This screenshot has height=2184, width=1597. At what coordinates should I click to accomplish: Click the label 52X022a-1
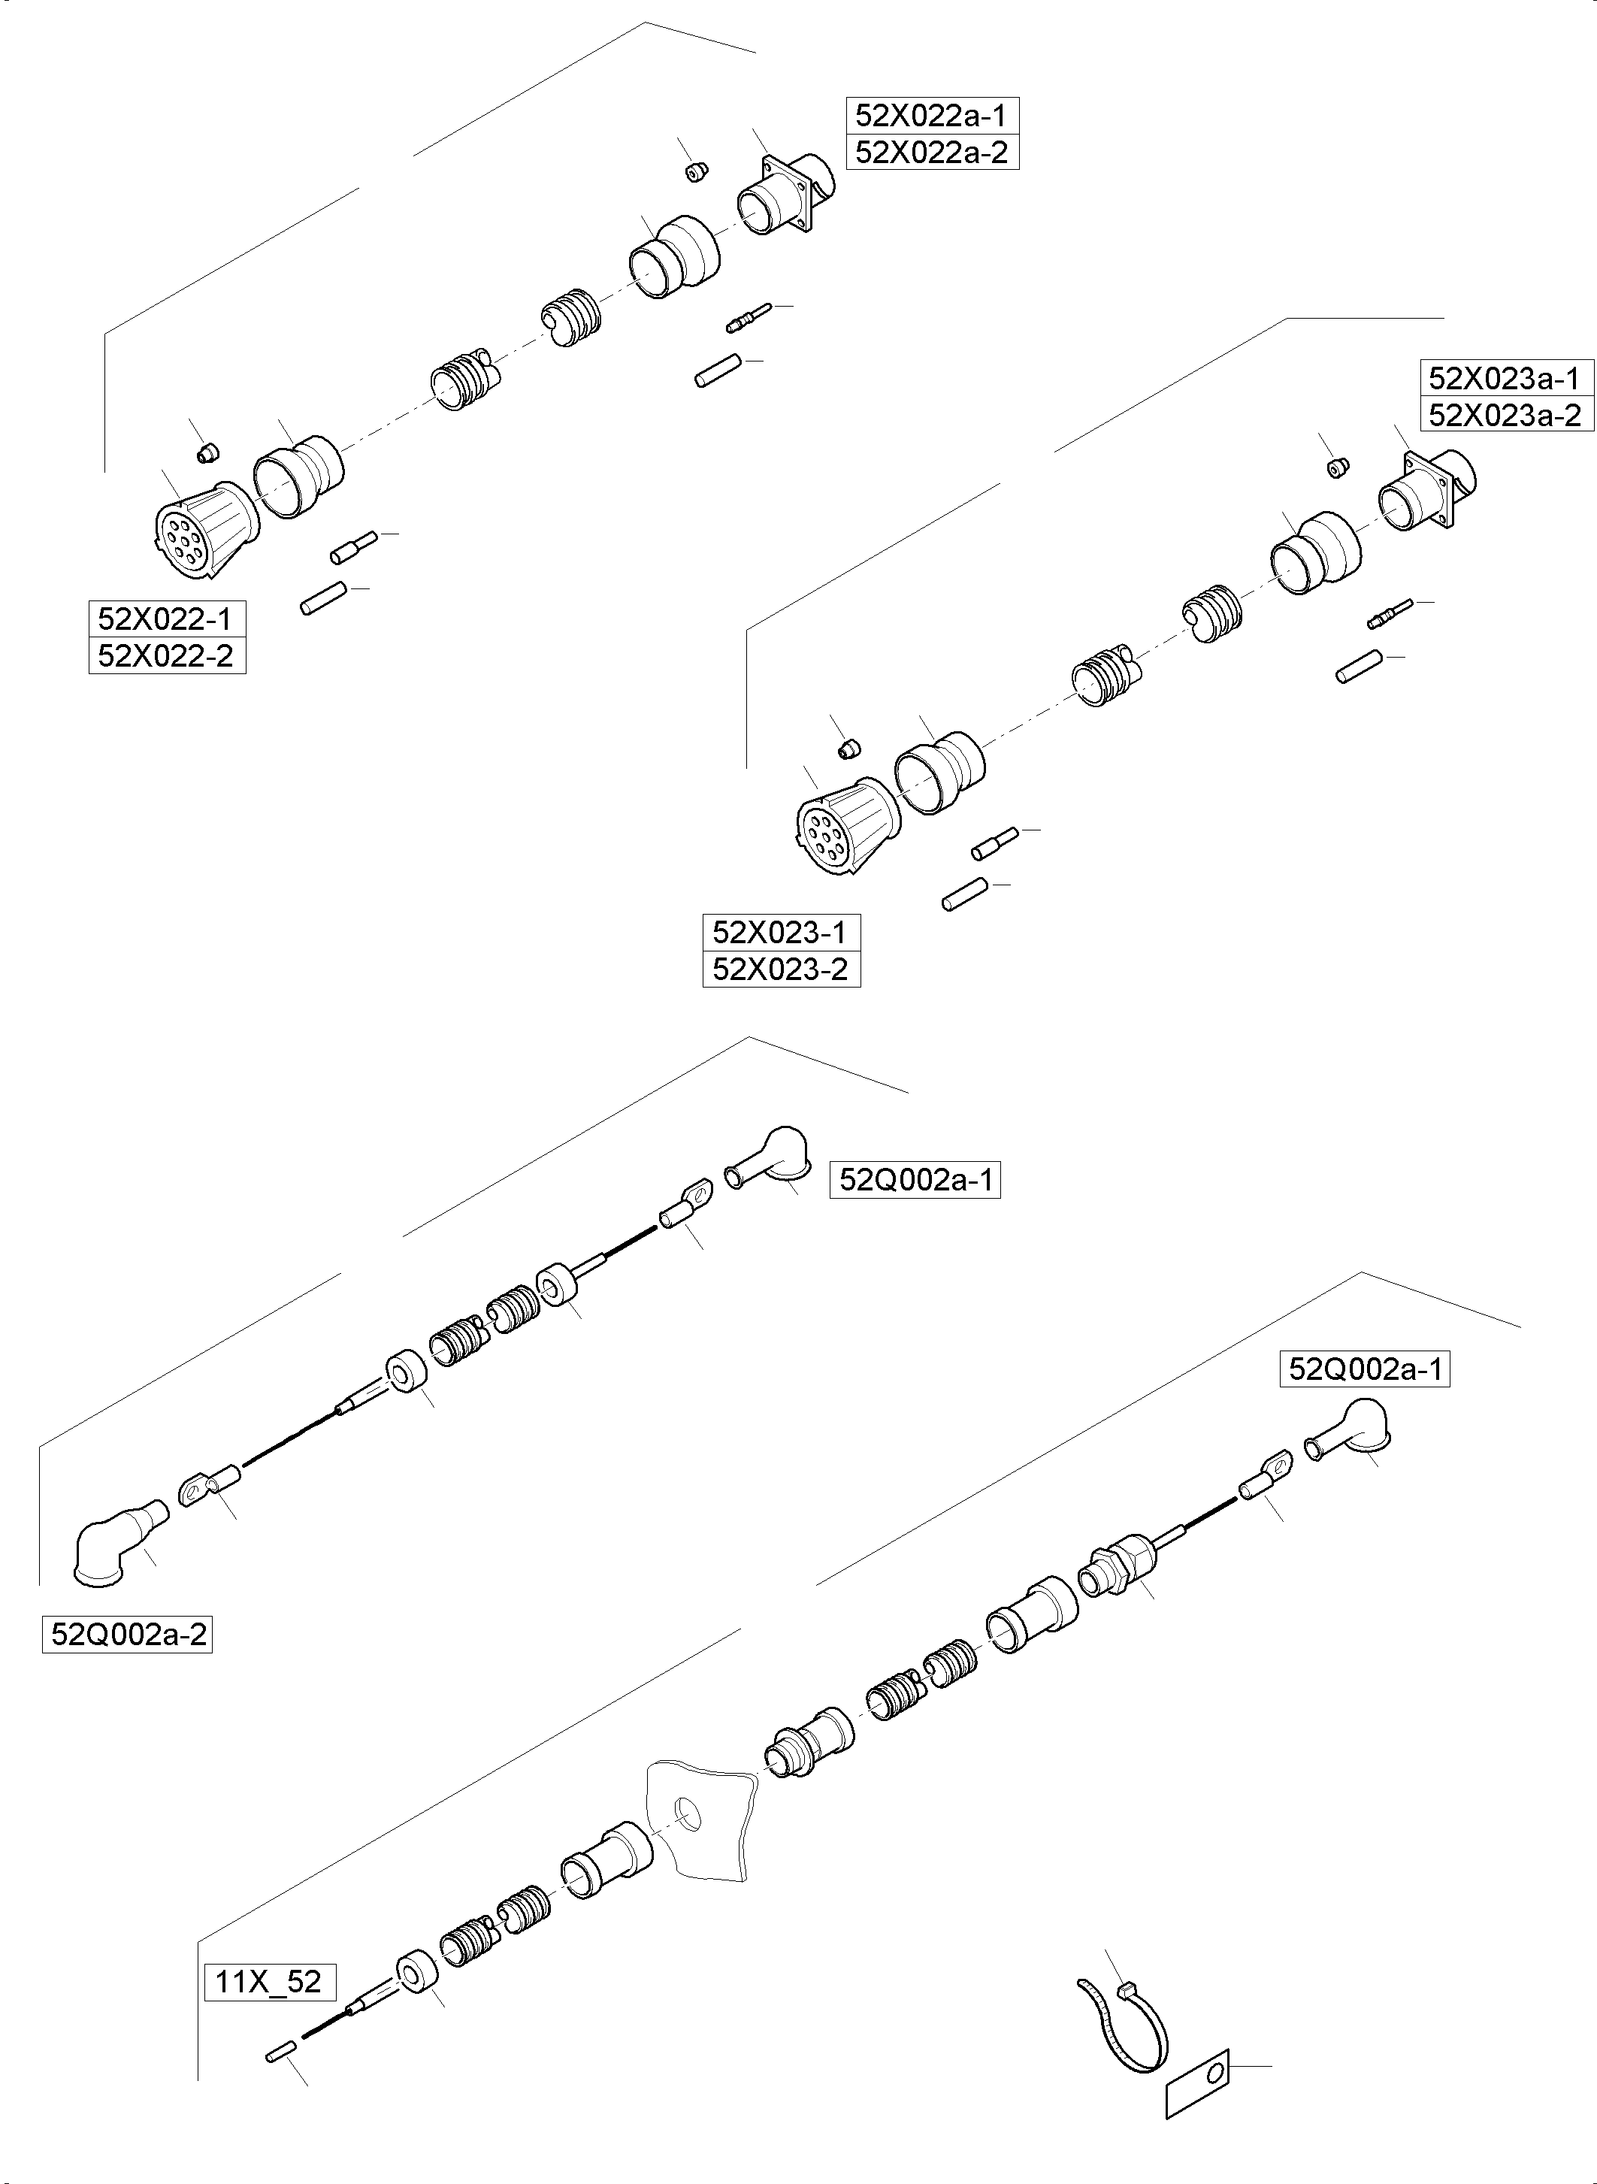pos(931,116)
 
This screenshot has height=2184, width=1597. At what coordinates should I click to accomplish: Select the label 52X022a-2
pos(931,153)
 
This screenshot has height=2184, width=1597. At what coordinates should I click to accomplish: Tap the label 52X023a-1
pos(1505,377)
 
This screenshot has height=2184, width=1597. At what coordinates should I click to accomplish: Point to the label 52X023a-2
pos(1505,415)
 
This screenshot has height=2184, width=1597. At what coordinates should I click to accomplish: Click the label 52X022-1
pos(165,619)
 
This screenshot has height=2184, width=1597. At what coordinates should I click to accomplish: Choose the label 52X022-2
pos(165,655)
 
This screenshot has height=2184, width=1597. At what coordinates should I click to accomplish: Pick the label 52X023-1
pos(779,932)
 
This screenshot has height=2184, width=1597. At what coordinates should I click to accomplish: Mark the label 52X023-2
pos(779,969)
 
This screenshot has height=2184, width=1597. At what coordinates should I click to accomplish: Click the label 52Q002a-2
pos(127,1635)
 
